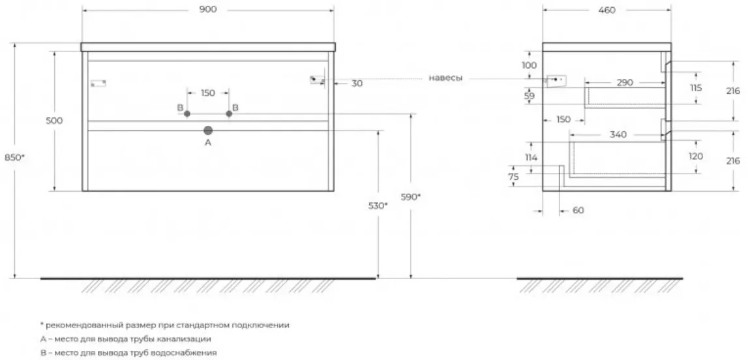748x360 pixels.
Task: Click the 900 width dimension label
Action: coord(207,10)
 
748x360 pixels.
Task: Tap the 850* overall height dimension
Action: coord(14,157)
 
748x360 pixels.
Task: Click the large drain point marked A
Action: coord(208,130)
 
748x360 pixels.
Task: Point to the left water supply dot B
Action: coord(187,113)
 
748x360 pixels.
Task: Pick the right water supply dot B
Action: coord(229,113)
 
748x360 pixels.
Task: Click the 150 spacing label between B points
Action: coord(207,93)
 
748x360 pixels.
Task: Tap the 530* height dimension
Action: coord(376,205)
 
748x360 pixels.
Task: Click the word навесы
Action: coord(445,78)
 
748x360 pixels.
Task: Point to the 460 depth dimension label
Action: coord(606,10)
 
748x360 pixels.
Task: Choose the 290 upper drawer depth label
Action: coord(625,83)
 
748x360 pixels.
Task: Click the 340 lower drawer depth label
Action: coord(618,135)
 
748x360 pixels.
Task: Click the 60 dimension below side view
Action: coord(578,211)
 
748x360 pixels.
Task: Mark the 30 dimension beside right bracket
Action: coord(357,83)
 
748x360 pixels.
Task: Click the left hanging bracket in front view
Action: coord(98,83)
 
